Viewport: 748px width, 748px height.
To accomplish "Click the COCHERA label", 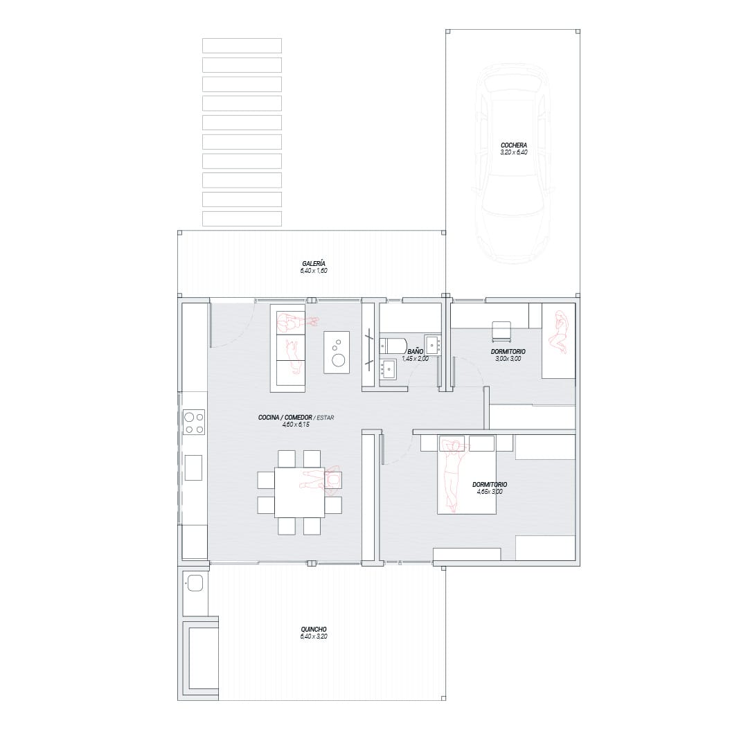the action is tap(514, 145).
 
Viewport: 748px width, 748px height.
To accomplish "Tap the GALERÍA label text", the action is tap(314, 263).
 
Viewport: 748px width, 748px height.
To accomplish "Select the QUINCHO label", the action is tap(314, 629).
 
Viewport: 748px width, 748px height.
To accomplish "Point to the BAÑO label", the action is tap(415, 352).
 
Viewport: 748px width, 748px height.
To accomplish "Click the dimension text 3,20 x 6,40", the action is tap(514, 152).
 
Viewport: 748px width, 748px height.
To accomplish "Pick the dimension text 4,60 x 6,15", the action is tap(296, 424).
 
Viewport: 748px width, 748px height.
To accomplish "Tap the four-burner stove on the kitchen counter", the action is tap(194, 422).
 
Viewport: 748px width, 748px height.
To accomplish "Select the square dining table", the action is tap(300, 492).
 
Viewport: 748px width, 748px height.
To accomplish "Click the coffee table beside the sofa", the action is tap(337, 352).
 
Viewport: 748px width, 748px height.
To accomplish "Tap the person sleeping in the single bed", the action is tap(559, 332).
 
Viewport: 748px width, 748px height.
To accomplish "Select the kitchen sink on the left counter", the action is tap(193, 467).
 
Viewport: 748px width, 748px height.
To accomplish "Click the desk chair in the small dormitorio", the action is tap(501, 332).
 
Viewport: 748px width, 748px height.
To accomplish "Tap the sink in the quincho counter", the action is tap(195, 583).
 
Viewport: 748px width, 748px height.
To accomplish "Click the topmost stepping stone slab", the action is tap(242, 46).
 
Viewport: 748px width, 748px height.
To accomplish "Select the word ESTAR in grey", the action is tap(326, 418).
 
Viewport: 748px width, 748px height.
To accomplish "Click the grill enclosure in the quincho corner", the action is tap(200, 659).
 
